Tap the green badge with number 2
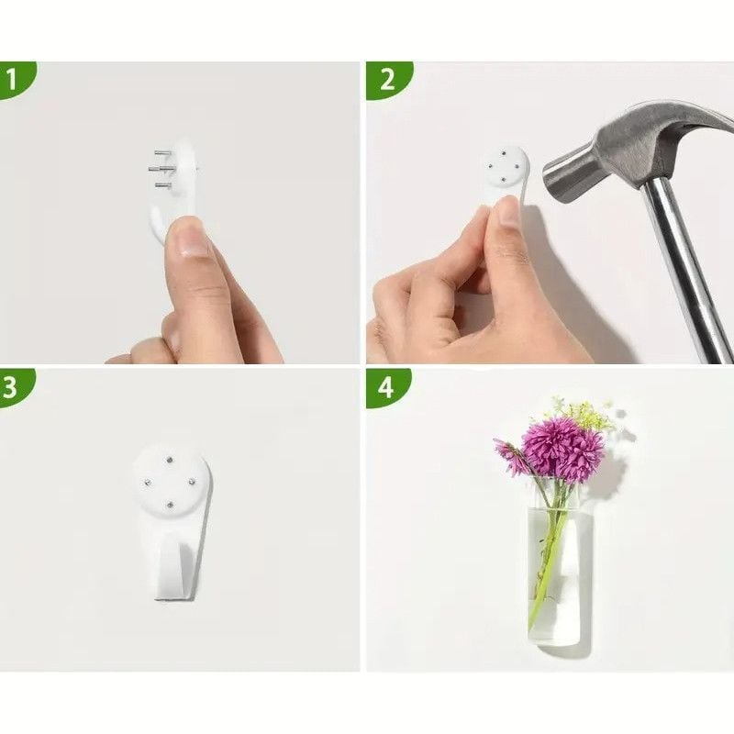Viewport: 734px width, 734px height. pyautogui.click(x=388, y=80)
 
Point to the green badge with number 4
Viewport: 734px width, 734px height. pyautogui.click(x=387, y=387)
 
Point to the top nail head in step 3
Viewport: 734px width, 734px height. pyautogui.click(x=169, y=460)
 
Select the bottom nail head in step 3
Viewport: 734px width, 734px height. pyautogui.click(x=170, y=505)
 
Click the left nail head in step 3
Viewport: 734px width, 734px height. pyautogui.click(x=146, y=482)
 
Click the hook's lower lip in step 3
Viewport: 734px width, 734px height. pyautogui.click(x=175, y=595)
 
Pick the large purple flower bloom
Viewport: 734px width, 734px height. pyautogui.click(x=563, y=448)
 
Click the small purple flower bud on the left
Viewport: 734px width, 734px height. pyautogui.click(x=510, y=455)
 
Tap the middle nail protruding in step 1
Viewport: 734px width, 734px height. pyautogui.click(x=160, y=169)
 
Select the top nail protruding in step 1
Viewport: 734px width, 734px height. pyautogui.click(x=163, y=153)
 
